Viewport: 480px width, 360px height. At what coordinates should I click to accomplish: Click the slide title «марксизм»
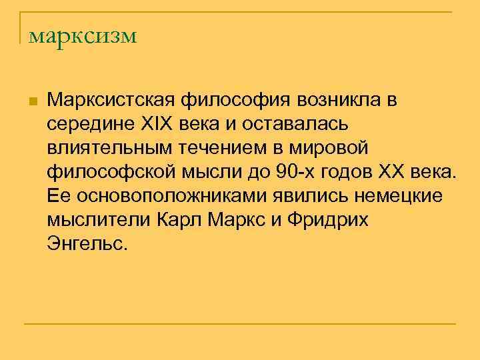pyautogui.click(x=82, y=35)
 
